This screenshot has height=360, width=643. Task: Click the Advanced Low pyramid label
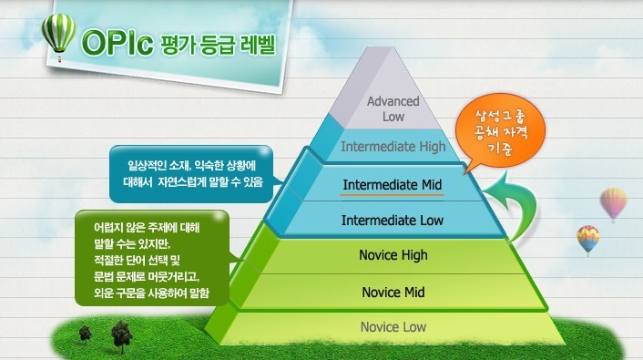click(393, 108)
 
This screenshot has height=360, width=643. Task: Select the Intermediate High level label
click(392, 146)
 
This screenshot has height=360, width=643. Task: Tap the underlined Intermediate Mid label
click(392, 185)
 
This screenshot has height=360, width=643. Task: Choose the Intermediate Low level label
click(392, 221)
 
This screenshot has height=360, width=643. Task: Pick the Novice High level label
click(393, 256)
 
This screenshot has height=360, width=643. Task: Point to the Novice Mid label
click(393, 293)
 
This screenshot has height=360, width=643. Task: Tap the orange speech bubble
click(501, 135)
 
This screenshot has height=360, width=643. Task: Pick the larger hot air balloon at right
click(614, 203)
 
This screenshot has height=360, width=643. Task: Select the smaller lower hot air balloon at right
click(587, 240)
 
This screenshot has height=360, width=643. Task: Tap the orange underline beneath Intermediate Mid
click(392, 195)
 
